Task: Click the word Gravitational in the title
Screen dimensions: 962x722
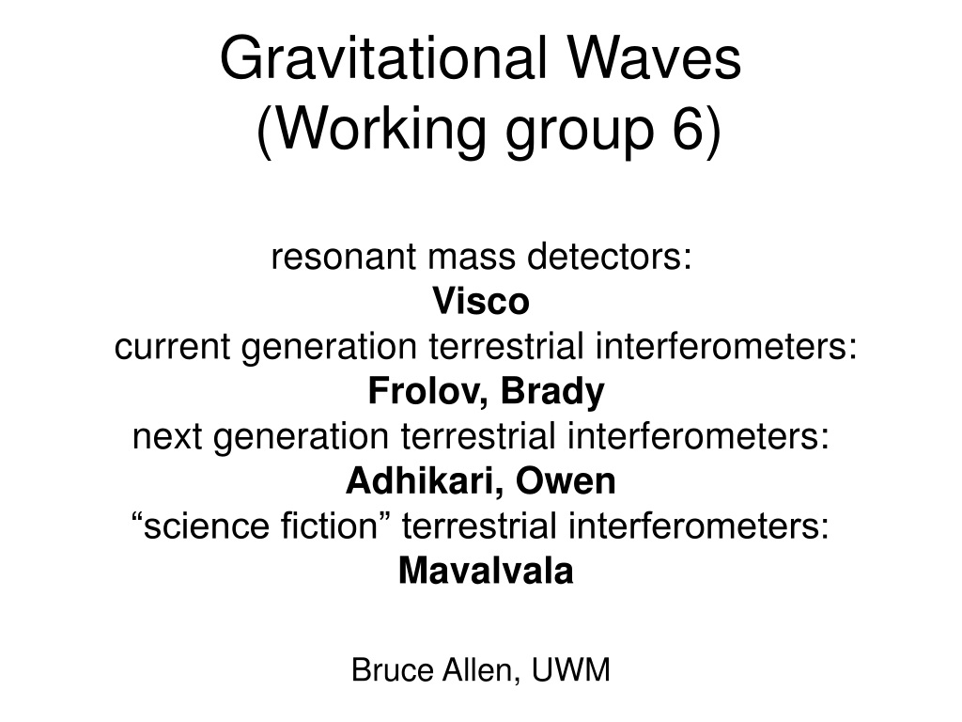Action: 383,58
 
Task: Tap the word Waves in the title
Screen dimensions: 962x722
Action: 655,58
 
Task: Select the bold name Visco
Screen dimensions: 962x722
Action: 481,301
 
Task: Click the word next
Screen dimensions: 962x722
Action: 167,437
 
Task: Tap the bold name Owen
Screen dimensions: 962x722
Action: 566,481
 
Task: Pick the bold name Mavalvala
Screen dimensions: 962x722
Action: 486,571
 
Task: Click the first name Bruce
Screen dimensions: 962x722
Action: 392,669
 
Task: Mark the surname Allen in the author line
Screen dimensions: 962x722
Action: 480,669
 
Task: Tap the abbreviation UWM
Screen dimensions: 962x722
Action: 571,669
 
